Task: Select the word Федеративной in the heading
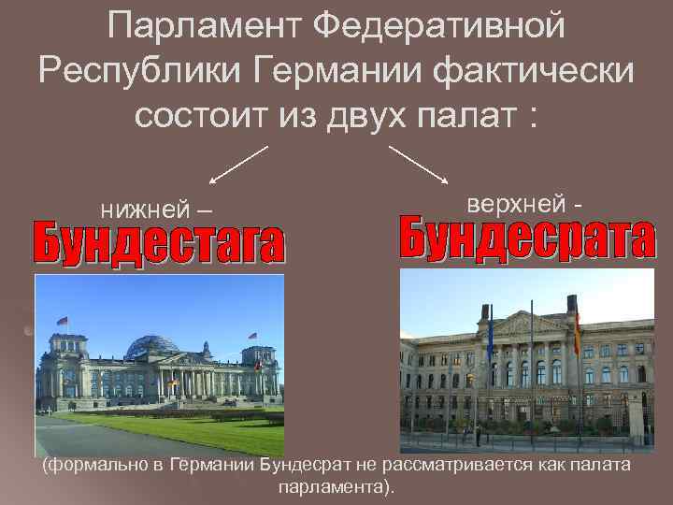[438, 25]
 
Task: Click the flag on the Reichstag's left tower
[63, 322]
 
